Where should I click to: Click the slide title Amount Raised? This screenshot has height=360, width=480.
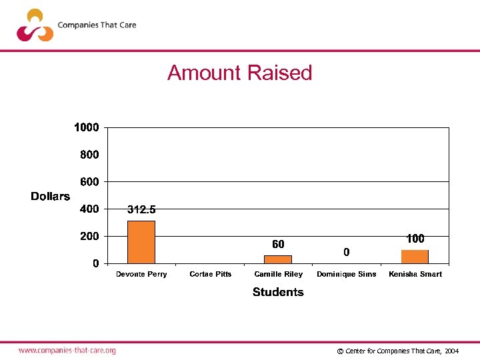click(239, 72)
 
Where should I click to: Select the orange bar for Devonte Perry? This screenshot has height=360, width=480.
click(141, 242)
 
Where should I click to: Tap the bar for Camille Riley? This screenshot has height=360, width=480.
click(278, 259)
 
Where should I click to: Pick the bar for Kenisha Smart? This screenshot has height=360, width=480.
click(415, 257)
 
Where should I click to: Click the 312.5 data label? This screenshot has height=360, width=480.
click(141, 209)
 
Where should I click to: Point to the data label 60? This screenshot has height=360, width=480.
click(278, 245)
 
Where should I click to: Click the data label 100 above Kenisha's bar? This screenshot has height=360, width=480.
click(415, 239)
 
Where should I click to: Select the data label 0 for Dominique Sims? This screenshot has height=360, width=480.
click(346, 252)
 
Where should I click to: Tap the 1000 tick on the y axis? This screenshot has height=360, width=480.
click(86, 127)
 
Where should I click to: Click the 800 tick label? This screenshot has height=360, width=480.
click(89, 155)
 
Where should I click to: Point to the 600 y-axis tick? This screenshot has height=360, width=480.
click(89, 182)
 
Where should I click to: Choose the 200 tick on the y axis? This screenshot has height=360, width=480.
click(89, 237)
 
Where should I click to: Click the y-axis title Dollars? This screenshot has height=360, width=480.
click(50, 196)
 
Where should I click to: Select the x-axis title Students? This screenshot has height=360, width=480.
click(278, 292)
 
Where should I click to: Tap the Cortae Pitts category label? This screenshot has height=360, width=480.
click(210, 274)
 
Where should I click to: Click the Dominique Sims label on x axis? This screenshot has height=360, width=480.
click(346, 274)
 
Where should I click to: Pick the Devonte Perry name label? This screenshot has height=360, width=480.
click(141, 274)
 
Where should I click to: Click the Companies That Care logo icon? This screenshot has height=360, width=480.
click(35, 25)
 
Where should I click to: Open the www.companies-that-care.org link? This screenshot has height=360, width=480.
click(67, 350)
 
